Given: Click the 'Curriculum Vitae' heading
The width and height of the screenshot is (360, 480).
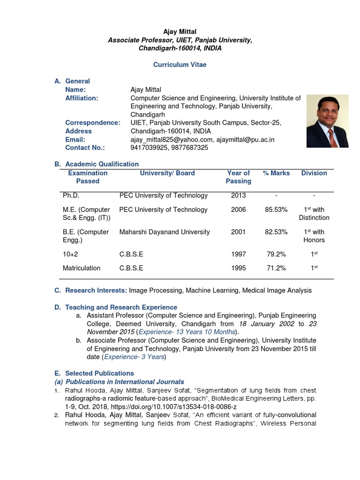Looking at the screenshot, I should click(x=180, y=65).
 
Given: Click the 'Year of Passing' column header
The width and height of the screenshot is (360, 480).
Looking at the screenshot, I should click(x=238, y=177).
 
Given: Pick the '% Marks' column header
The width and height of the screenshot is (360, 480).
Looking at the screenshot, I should click(x=276, y=173).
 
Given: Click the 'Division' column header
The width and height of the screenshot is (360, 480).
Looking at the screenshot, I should click(x=314, y=173).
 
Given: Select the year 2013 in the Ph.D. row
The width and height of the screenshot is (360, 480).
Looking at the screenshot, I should click(x=238, y=195).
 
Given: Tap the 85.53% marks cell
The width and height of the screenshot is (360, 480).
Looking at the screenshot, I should click(x=276, y=210).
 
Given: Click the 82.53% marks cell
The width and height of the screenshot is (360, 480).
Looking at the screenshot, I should click(x=276, y=232).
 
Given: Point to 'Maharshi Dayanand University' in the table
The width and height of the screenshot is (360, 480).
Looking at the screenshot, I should click(x=165, y=232).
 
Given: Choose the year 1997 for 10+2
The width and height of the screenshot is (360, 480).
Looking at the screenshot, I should click(x=238, y=254).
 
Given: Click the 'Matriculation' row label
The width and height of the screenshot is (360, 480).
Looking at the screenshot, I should click(x=82, y=268).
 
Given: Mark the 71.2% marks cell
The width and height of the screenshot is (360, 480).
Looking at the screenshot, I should click(x=276, y=268).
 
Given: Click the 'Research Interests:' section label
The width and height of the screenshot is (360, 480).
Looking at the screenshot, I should click(x=96, y=291).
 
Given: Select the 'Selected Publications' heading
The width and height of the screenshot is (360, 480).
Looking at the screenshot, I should click(x=99, y=374).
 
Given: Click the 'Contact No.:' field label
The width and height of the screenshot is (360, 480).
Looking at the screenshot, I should click(x=85, y=148).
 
